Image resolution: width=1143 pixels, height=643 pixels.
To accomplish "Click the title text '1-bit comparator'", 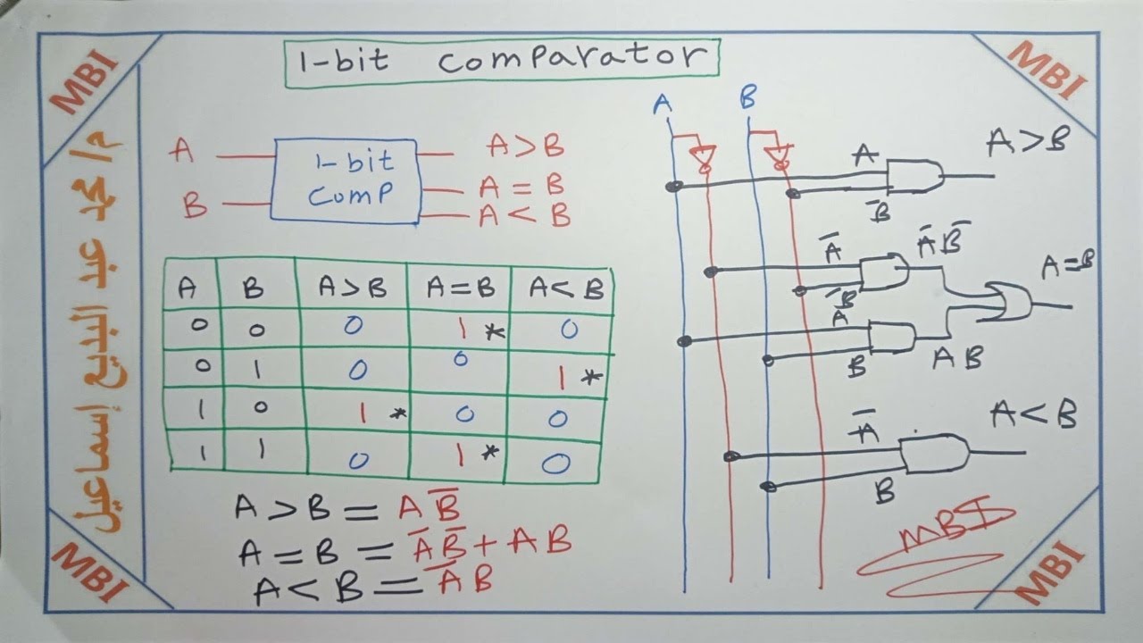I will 501,60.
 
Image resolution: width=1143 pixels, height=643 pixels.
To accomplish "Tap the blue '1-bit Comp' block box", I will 346,180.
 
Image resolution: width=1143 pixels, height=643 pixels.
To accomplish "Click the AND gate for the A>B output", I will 914,176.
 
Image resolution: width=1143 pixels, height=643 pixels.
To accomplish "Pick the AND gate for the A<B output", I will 933,455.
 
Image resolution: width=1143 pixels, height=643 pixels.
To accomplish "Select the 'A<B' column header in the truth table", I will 565,288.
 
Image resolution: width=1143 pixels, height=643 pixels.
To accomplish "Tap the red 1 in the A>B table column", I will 363,413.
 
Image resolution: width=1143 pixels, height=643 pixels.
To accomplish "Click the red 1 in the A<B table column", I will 563,379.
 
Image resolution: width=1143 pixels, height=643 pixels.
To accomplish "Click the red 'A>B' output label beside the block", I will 525,146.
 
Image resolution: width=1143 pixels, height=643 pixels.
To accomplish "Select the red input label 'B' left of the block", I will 194,206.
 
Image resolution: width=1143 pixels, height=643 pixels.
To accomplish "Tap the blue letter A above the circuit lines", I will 662,104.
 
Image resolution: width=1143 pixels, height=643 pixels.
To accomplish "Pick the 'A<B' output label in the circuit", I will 1033,416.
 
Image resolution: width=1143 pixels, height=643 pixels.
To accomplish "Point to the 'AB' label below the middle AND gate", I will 957,359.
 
